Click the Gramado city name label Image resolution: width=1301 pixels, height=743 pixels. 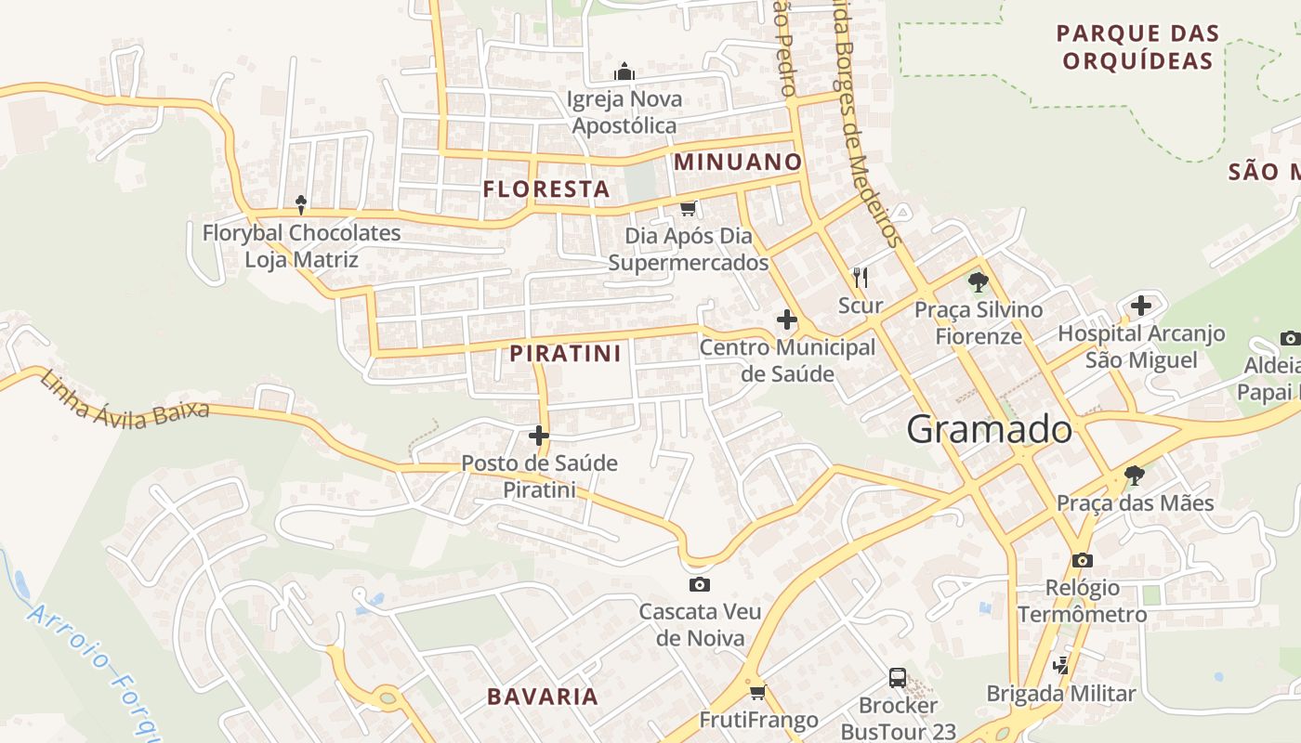pos(989,429)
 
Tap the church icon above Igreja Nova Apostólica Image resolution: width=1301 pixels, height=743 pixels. pos(624,72)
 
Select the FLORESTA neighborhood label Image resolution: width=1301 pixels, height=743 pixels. pos(546,189)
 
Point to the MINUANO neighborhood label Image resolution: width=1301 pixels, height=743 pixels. pos(738,162)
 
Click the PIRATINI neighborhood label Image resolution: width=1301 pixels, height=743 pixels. pos(565,353)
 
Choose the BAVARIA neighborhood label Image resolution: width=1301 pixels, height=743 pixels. pos(543,696)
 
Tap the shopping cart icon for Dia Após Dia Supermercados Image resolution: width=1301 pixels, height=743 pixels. pos(689,208)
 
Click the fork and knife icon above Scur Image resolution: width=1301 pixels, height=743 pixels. pos(861,277)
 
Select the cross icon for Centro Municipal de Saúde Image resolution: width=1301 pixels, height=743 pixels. pos(787,320)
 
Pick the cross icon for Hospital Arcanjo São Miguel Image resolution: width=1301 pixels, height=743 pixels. pos(1141,306)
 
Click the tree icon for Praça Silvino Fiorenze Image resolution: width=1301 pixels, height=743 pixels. pos(978,281)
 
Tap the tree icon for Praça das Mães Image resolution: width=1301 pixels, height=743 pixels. pos(1134,476)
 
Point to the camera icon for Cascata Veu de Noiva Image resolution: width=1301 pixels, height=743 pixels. pos(700,584)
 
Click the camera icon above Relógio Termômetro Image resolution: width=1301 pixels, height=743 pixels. pos(1083,560)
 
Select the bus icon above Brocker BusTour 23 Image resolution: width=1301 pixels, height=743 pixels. pos(898,678)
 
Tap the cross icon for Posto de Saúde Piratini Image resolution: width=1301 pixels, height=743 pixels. pos(539,435)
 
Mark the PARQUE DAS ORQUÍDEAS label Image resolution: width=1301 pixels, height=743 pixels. pos(1138,47)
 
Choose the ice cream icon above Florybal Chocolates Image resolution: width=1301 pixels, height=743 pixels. pos(301,204)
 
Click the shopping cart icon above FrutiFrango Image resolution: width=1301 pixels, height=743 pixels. pos(758,692)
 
